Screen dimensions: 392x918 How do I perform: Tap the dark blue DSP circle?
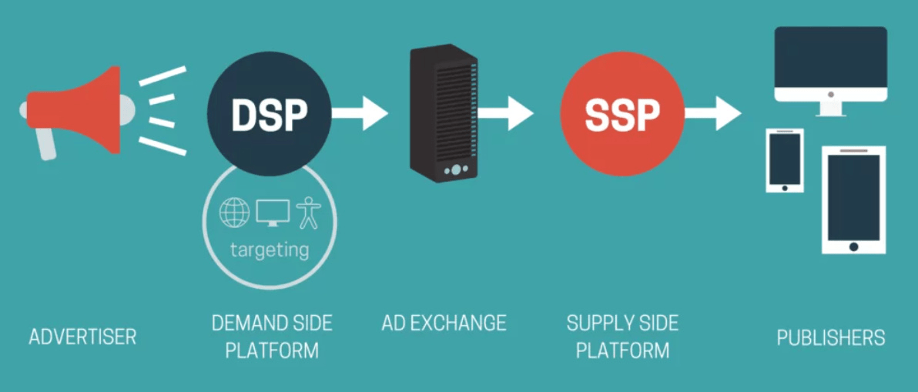[270, 114]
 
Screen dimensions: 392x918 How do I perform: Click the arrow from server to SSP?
[506, 114]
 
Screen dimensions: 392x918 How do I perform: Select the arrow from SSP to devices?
[712, 114]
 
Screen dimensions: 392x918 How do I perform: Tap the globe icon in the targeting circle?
[235, 213]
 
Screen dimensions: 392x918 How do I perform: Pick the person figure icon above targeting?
[308, 213]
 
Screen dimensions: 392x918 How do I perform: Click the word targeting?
[270, 250]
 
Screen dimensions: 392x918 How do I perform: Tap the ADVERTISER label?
[82, 337]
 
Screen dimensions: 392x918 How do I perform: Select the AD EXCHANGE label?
[444, 323]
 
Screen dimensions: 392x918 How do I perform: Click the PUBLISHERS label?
[831, 337]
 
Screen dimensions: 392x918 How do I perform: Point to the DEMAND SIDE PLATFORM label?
[272, 337]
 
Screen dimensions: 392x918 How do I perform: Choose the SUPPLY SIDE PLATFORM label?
[622, 337]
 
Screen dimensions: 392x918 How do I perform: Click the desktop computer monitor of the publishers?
[830, 65]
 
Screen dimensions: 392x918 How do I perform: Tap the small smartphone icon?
[785, 160]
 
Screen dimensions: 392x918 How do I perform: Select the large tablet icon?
[853, 199]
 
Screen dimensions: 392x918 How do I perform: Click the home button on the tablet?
[853, 246]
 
